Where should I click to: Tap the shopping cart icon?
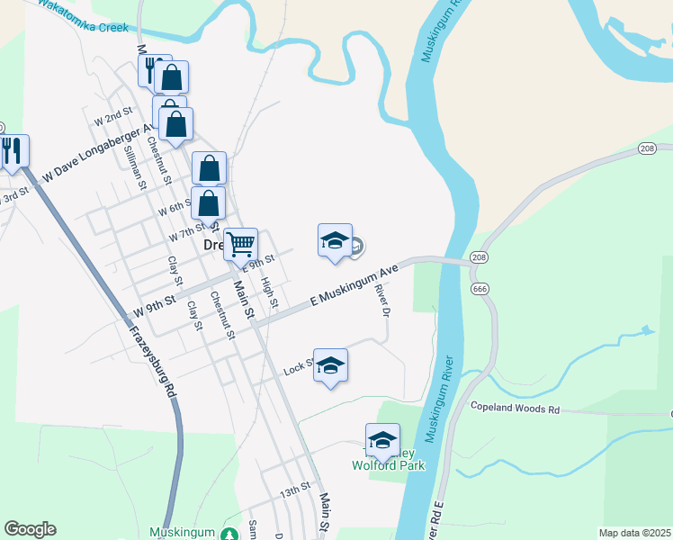[240, 245]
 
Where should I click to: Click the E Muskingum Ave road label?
[354, 285]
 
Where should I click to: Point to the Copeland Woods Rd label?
[516, 409]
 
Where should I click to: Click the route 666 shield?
[479, 288]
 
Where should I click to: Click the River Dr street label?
[384, 301]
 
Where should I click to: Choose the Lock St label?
[298, 367]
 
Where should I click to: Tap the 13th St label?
[293, 491]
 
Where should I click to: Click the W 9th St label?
[153, 309]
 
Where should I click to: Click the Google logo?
[30, 529]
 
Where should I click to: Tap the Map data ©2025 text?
[634, 533]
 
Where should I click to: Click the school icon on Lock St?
[330, 365]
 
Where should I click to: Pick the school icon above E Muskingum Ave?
[335, 240]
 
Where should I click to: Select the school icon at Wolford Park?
[382, 440]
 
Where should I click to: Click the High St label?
[268, 289]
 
